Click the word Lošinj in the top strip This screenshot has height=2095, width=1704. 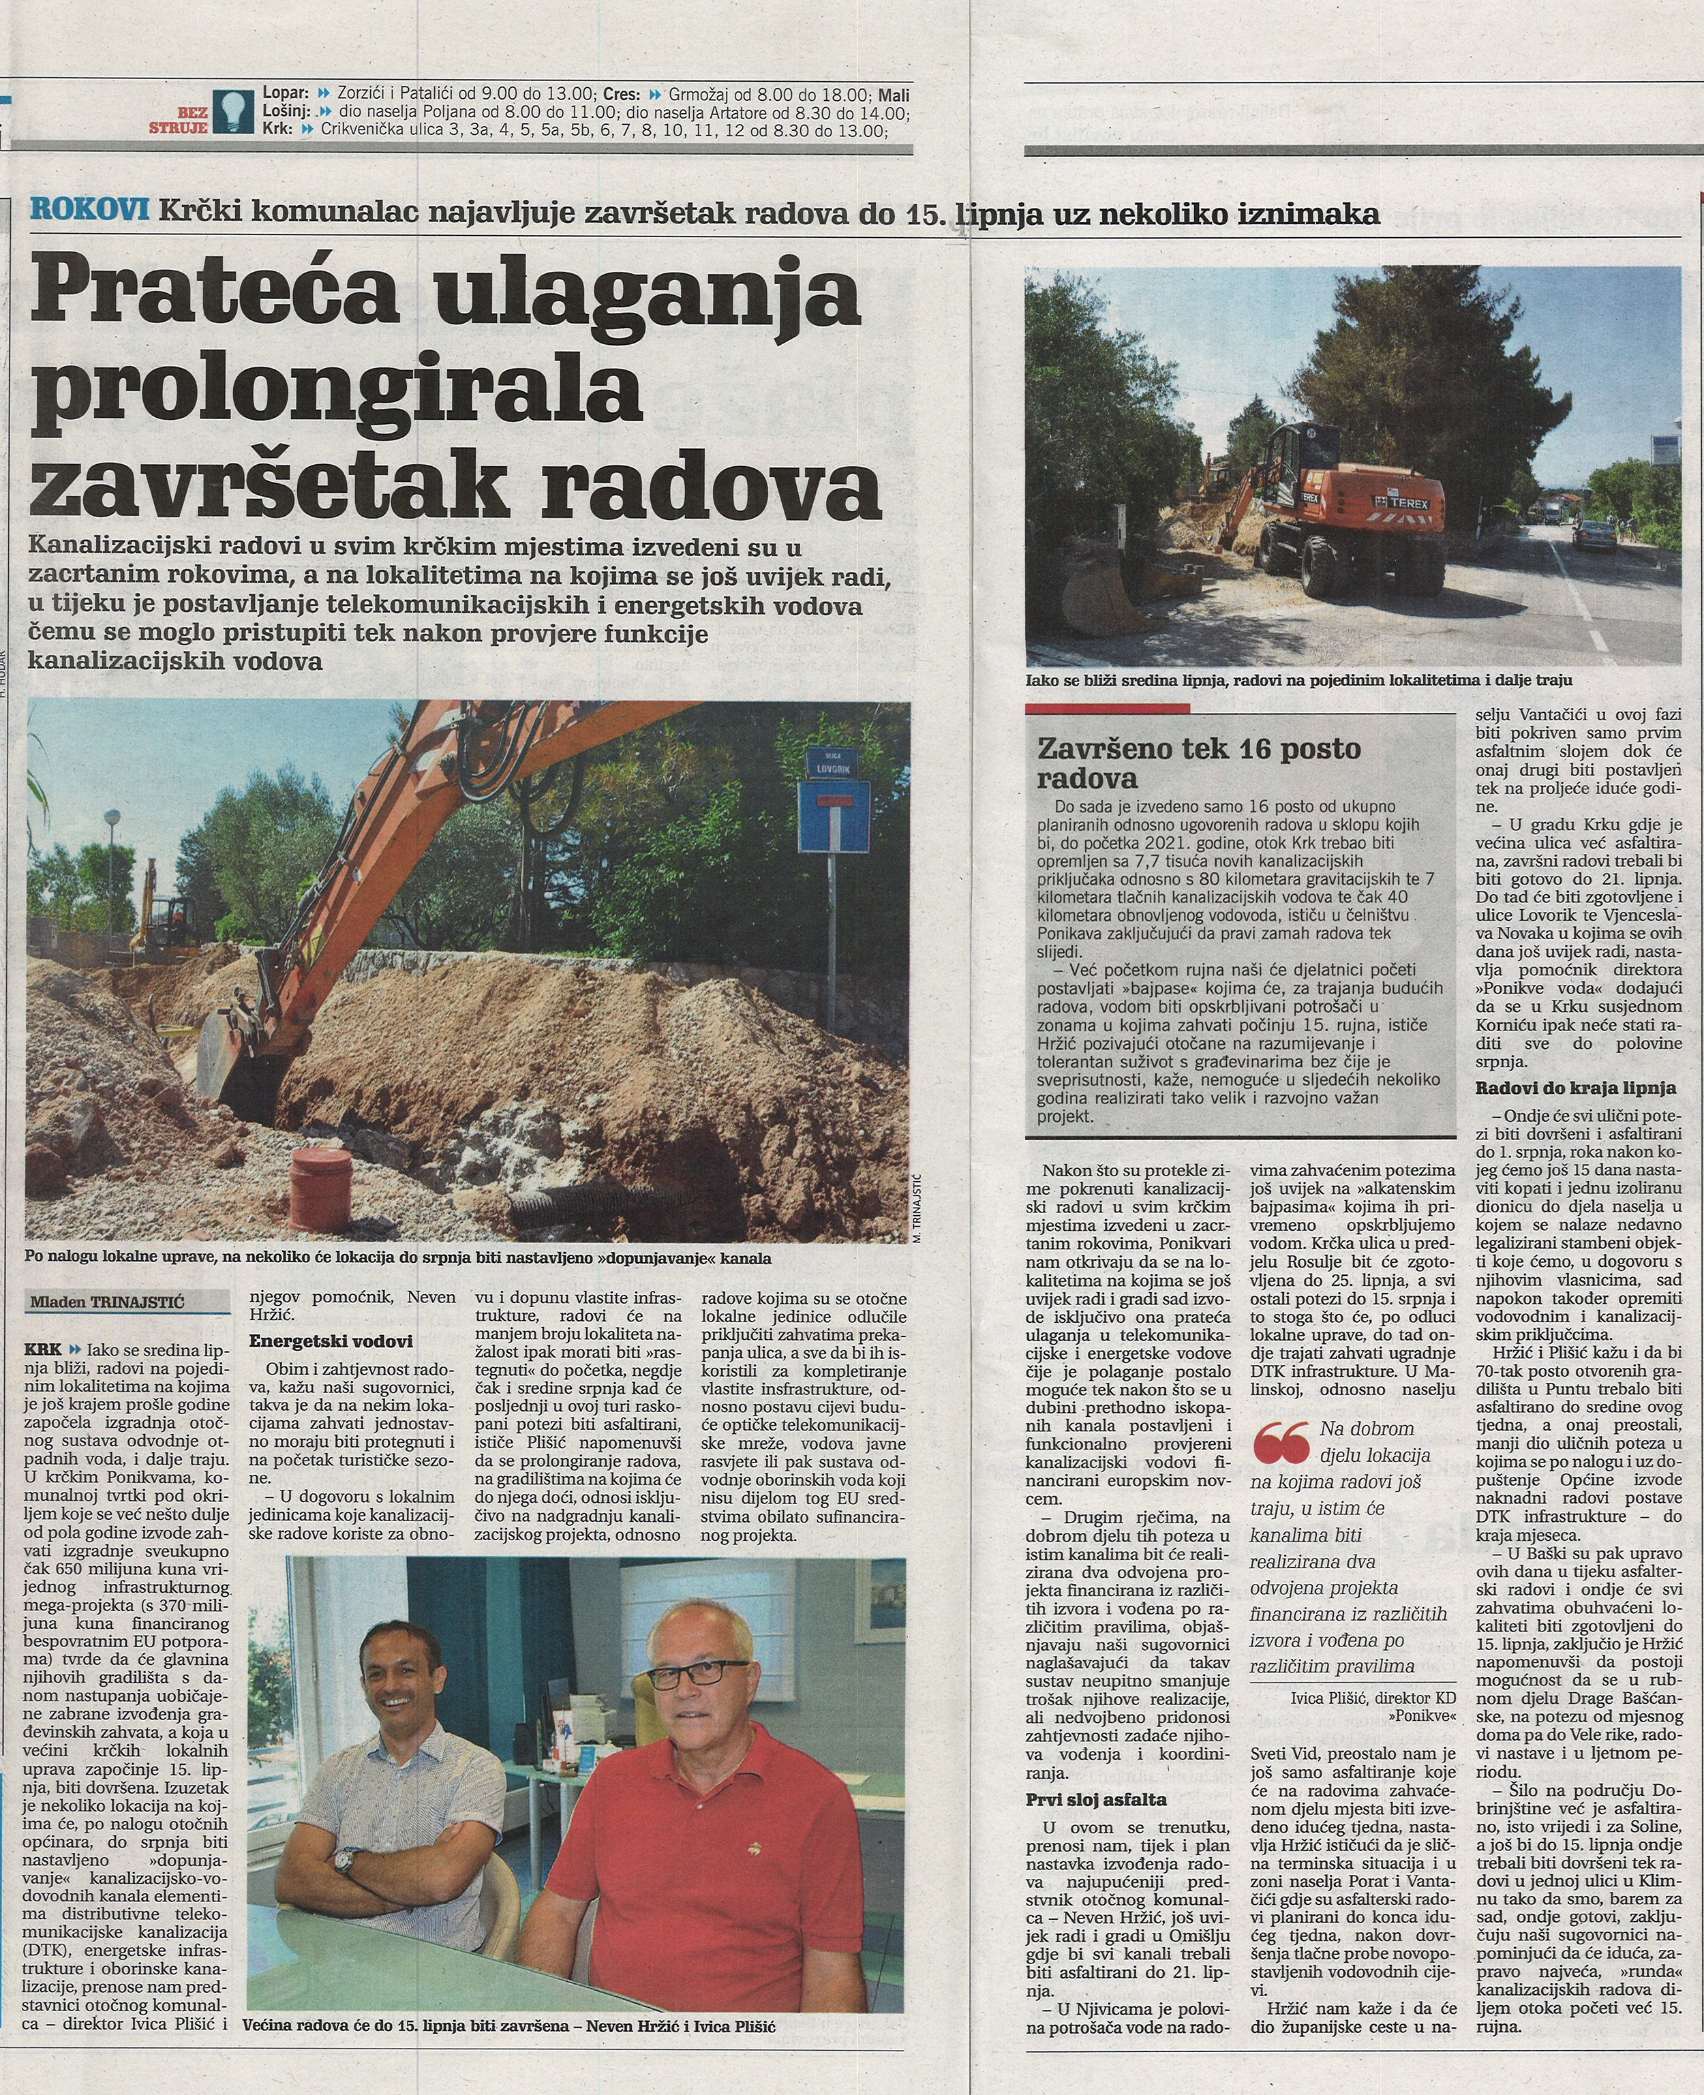(286, 113)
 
